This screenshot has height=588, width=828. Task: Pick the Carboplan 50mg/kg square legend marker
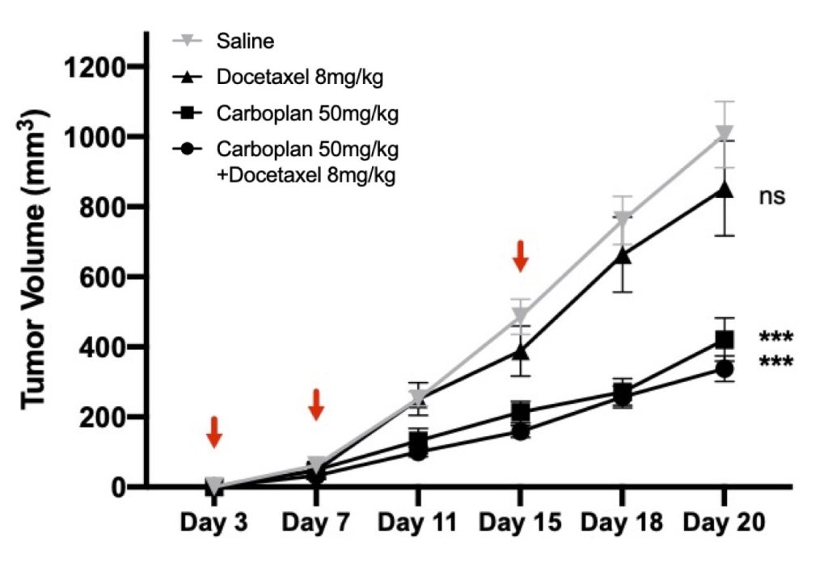click(188, 113)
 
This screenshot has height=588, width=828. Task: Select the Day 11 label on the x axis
click(417, 523)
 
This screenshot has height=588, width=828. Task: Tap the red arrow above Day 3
click(213, 432)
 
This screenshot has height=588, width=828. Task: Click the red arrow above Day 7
click(316, 405)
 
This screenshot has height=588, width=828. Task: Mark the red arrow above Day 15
click(520, 255)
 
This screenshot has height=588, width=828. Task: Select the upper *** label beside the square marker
click(775, 338)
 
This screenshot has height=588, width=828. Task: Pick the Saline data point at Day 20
click(724, 134)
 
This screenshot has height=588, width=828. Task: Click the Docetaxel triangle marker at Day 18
click(622, 255)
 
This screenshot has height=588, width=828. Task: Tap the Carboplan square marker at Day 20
click(724, 340)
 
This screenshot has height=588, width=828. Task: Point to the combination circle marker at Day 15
click(520, 431)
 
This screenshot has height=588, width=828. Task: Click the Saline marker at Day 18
click(622, 219)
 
